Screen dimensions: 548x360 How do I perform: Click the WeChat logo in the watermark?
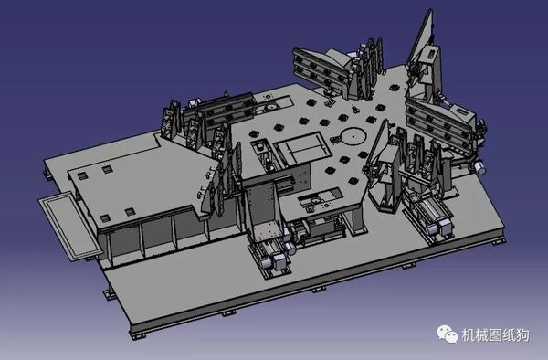coord(448,334)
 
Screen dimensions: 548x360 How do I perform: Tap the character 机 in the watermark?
coord(468,335)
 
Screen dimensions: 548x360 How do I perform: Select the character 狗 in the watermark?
coord(522,335)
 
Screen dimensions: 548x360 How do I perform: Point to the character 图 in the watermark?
coord(495,335)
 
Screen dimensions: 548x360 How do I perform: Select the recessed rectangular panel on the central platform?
coord(302,149)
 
